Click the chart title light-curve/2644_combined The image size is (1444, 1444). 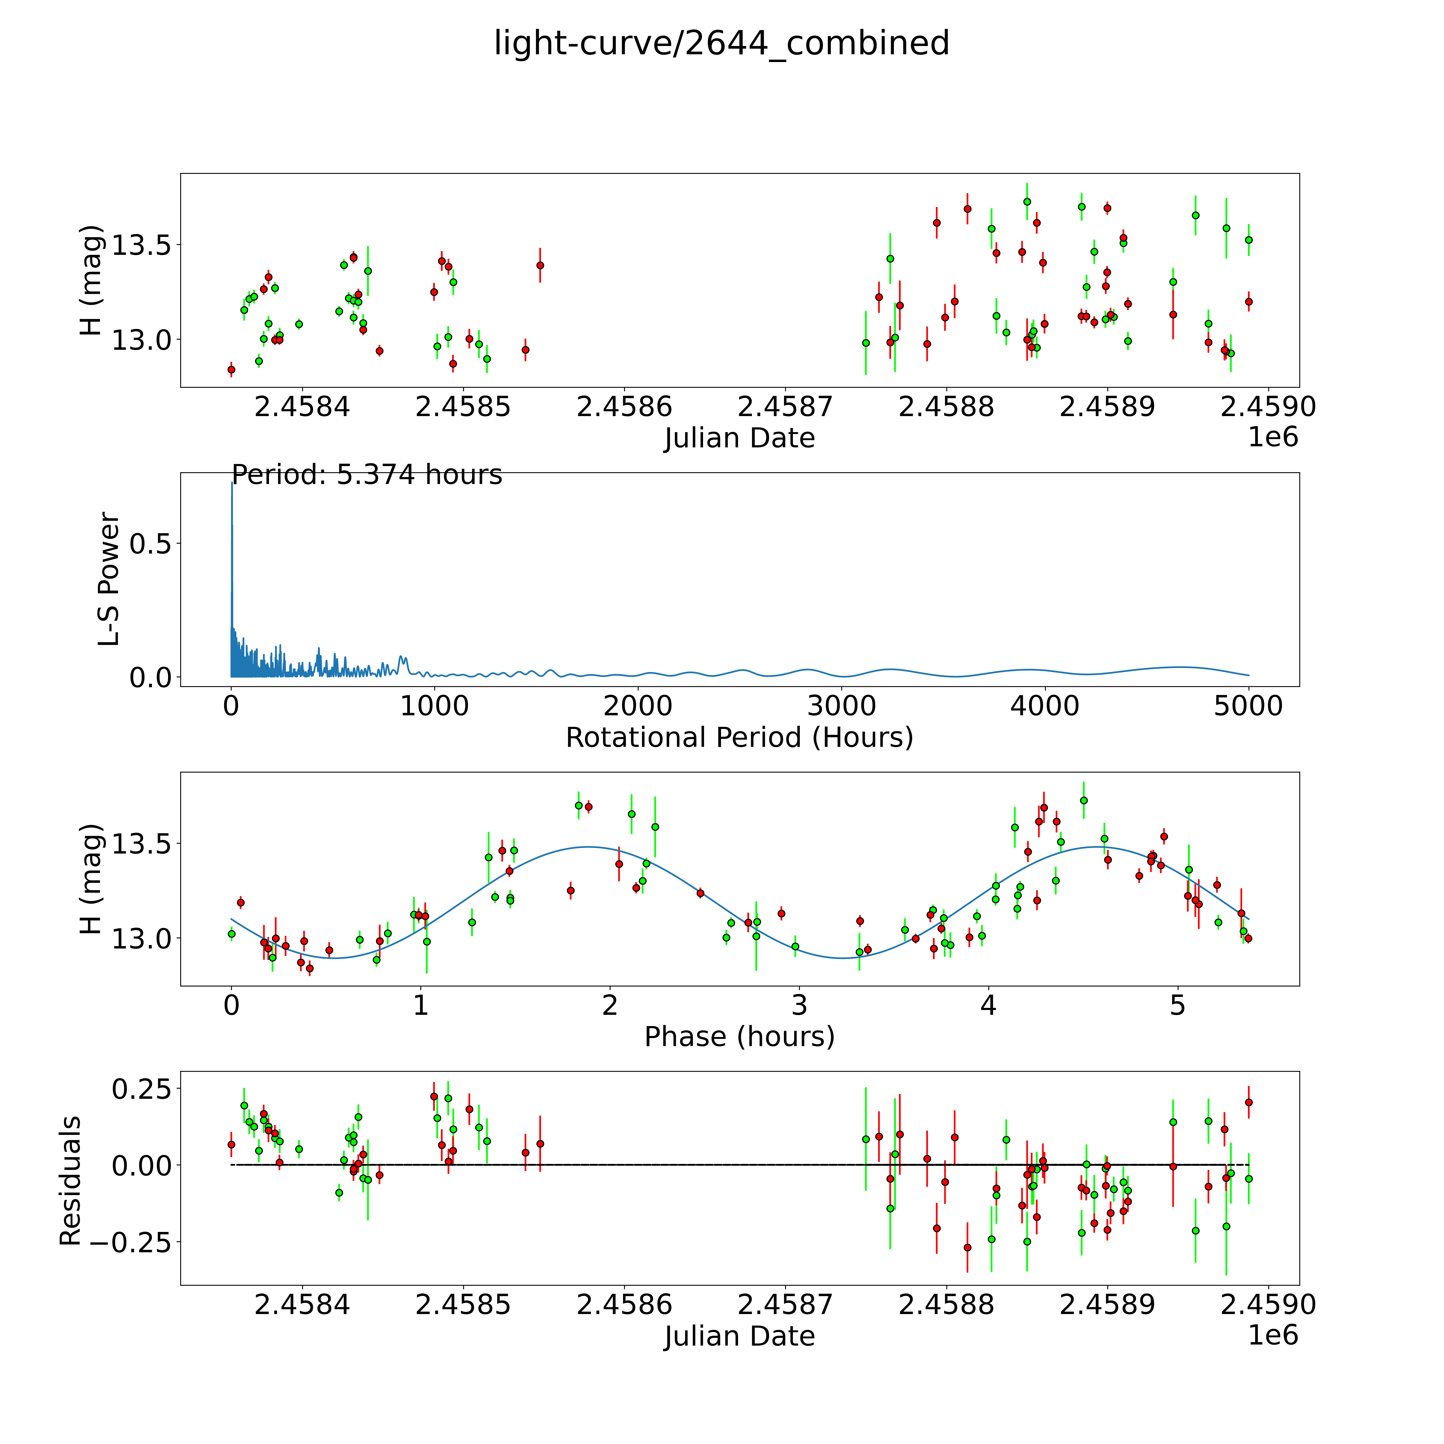[721, 43]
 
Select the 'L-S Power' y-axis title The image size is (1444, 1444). [109, 579]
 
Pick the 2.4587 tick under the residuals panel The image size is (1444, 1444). [785, 1305]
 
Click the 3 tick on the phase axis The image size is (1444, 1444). [800, 1005]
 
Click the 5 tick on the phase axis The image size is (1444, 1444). [1178, 1005]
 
